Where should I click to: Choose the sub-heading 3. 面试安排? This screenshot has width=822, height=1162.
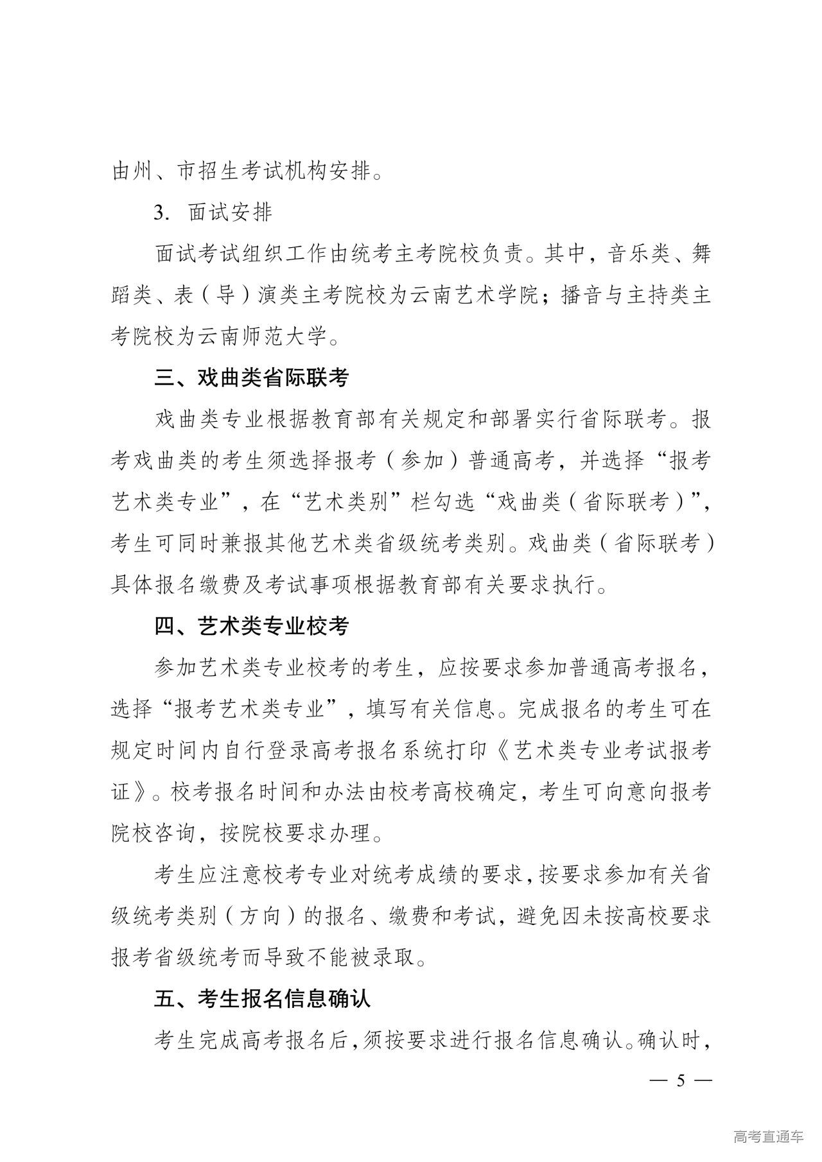coord(213,212)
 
